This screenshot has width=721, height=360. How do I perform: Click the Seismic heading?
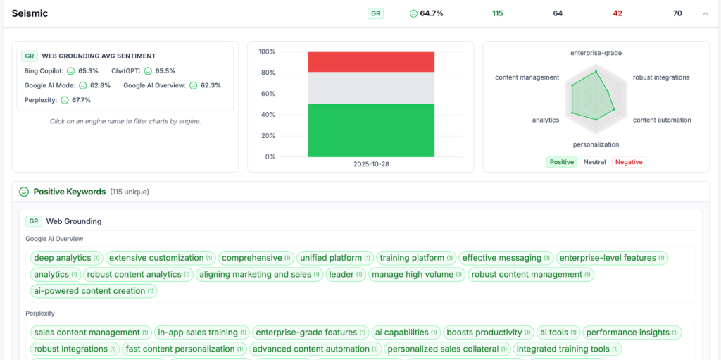pyautogui.click(x=30, y=13)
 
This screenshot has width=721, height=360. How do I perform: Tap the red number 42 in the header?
pyautogui.click(x=617, y=13)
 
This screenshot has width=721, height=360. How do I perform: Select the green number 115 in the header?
pyautogui.click(x=498, y=13)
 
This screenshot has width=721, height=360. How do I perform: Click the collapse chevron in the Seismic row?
pyautogui.click(x=706, y=13)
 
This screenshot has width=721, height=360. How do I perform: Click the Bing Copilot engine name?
pyautogui.click(x=44, y=71)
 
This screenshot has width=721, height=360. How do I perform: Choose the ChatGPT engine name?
pyautogui.click(x=126, y=71)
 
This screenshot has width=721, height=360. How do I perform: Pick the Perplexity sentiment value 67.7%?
pyautogui.click(x=81, y=100)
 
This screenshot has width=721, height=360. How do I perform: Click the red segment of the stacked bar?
pyautogui.click(x=371, y=62)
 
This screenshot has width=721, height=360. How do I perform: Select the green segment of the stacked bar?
pyautogui.click(x=371, y=130)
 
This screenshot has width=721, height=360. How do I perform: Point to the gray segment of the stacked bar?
pyautogui.click(x=371, y=88)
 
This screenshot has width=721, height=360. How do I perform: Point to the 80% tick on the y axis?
pyautogui.click(x=267, y=73)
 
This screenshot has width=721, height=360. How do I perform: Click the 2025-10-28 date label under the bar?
pyautogui.click(x=371, y=164)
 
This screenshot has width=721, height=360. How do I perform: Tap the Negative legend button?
pyautogui.click(x=629, y=162)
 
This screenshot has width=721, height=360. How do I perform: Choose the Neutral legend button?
pyautogui.click(x=594, y=162)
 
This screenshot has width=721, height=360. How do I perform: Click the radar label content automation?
pyautogui.click(x=662, y=120)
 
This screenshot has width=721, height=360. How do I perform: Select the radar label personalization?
pyautogui.click(x=596, y=144)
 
